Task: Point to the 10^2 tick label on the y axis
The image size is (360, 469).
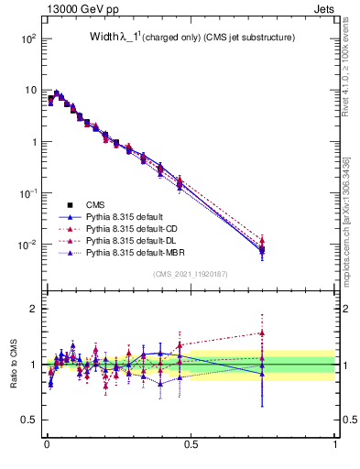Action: point(27,39)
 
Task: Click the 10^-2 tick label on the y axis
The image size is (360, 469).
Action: point(27,245)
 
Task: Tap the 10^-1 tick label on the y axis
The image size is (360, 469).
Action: point(27,193)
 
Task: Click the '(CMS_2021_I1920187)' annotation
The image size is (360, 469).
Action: point(191,274)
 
